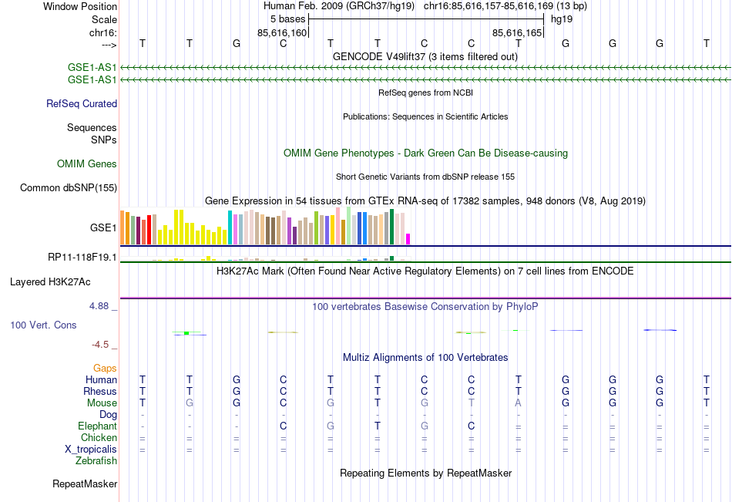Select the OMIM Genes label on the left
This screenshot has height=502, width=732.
tap(87, 163)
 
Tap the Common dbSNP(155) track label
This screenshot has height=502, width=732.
tap(69, 187)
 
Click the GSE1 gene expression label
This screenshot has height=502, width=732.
tap(103, 228)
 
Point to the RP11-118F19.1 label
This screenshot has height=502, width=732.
tap(82, 257)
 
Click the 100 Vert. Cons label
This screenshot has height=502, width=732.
tap(43, 325)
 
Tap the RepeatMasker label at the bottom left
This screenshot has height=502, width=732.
tap(85, 484)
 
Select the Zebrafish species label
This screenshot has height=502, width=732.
tap(96, 461)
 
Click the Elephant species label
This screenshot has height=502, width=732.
tap(97, 426)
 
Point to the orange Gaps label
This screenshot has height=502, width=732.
tap(105, 368)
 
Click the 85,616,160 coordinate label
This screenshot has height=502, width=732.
tap(282, 32)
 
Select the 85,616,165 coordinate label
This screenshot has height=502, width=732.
tap(517, 32)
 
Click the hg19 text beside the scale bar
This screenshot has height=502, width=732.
tap(561, 18)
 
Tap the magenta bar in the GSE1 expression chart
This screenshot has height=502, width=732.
tap(408, 238)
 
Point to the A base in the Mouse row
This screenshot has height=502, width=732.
tap(519, 403)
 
